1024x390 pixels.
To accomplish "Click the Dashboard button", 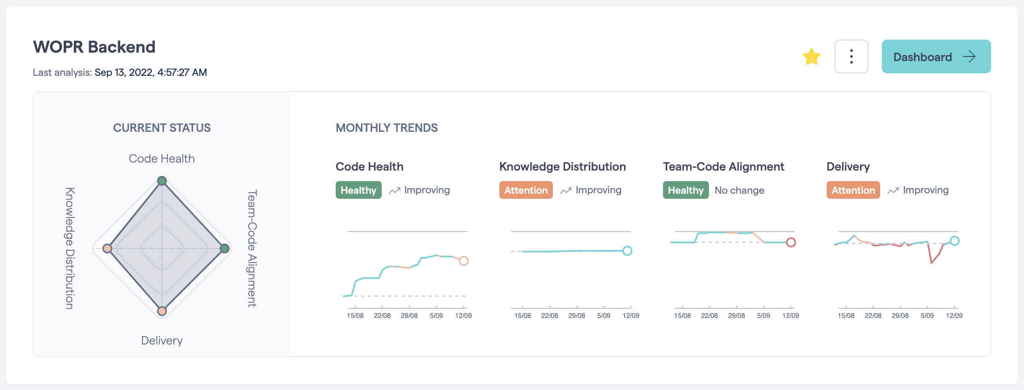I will click(936, 56).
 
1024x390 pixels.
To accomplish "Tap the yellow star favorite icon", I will click(811, 57).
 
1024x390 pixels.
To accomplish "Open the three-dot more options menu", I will click(851, 56).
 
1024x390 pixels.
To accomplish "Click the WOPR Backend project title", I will click(94, 47).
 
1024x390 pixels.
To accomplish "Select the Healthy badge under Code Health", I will click(358, 190).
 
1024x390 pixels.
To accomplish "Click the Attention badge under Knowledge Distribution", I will click(526, 190).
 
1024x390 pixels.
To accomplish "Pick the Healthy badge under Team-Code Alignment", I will click(686, 190).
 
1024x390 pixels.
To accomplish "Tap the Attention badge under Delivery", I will click(853, 190).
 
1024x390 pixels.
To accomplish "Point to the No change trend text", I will click(739, 190).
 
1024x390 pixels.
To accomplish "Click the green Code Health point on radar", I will click(162, 181).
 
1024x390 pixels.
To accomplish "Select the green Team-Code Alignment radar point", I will click(225, 248).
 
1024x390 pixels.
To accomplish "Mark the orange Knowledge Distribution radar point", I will click(108, 248).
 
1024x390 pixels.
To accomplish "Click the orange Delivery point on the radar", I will click(162, 311).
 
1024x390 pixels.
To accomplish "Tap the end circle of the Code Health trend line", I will click(463, 261).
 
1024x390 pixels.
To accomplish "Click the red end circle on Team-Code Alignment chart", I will click(791, 242).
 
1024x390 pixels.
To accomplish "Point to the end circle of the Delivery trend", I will click(955, 241).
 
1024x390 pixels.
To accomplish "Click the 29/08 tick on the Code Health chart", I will click(409, 315).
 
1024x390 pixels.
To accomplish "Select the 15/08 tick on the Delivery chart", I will click(846, 315).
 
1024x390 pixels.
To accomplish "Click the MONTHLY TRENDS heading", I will click(386, 128).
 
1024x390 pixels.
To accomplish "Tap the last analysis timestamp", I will click(151, 72).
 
